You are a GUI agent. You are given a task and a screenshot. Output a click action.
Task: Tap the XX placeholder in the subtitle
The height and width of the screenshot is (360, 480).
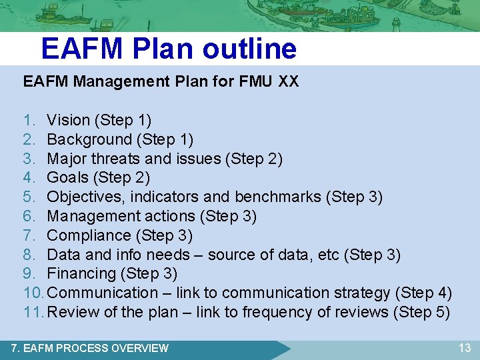coord(289,82)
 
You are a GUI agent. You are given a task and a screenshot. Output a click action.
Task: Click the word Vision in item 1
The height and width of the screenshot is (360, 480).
coord(68,121)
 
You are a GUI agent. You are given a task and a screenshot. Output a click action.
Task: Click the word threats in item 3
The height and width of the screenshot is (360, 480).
coord(113,159)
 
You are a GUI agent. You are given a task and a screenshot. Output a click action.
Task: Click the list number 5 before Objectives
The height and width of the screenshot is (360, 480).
coord(28,197)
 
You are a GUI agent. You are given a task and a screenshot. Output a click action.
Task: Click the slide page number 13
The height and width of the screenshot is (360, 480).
coord(464,347)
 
